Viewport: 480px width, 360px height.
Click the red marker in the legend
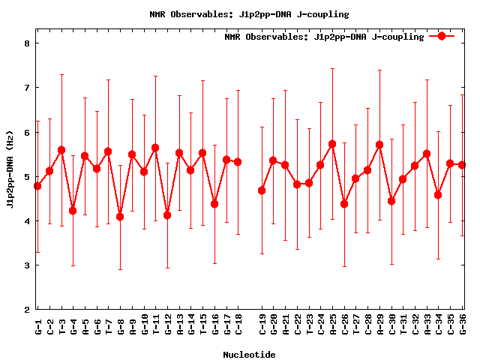pos(442,36)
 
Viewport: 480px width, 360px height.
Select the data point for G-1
pos(37,186)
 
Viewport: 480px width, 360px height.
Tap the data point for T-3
pos(61,150)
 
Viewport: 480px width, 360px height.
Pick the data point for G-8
pos(120,217)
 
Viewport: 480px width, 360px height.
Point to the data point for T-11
pos(155,148)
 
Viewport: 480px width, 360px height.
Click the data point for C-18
pos(238,162)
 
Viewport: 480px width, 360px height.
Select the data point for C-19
pos(262,190)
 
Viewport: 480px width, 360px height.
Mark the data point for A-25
pos(332,144)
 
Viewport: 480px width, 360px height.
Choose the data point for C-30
pos(391,201)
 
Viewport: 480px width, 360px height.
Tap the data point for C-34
pos(438,195)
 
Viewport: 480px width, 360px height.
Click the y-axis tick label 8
pos(27,43)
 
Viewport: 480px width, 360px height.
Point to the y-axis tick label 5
pos(27,177)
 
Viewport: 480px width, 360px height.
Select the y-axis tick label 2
pos(27,310)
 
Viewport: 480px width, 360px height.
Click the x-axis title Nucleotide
pos(249,355)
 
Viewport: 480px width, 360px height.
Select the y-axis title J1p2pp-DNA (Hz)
pos(10,176)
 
